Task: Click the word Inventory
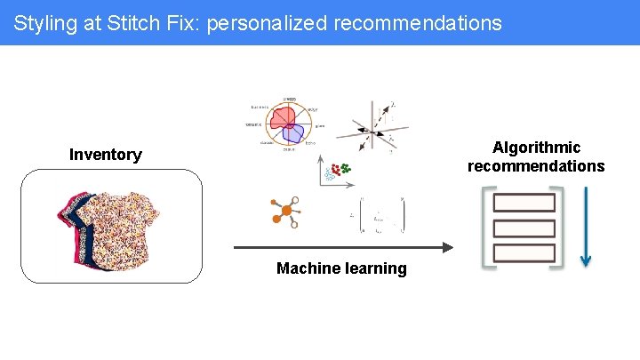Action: (x=106, y=155)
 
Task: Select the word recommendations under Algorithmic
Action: (x=536, y=166)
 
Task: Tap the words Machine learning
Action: (x=341, y=268)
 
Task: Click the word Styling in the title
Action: (x=44, y=23)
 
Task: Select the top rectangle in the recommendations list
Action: (x=524, y=203)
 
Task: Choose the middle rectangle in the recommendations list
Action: (x=524, y=228)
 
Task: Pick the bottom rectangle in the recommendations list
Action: (x=524, y=252)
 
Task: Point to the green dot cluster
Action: (x=345, y=166)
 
